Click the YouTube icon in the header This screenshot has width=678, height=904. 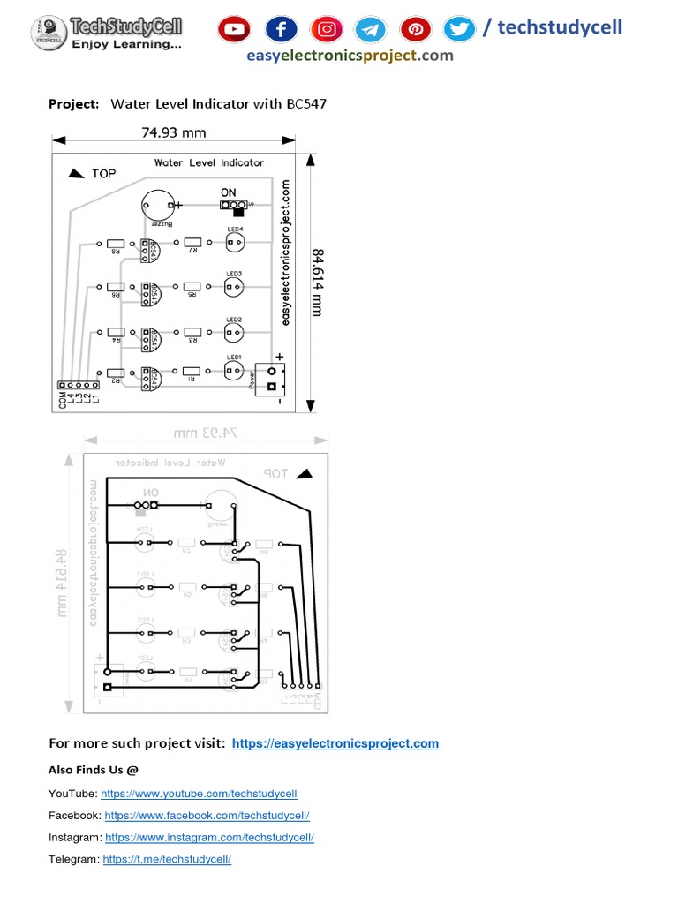click(x=235, y=29)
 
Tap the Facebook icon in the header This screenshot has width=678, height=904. click(x=281, y=29)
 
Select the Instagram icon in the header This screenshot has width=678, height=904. click(x=327, y=29)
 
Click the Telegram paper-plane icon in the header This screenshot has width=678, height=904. click(x=371, y=29)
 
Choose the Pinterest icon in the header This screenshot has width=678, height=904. click(x=415, y=29)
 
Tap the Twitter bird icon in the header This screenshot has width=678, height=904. click(x=459, y=29)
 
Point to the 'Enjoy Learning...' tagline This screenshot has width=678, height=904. click(x=126, y=43)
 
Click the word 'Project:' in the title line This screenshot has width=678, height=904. click(x=73, y=104)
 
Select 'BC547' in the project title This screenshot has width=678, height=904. click(x=306, y=104)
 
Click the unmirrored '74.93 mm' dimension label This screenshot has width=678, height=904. click(x=174, y=133)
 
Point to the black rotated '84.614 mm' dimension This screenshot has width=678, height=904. click(x=317, y=282)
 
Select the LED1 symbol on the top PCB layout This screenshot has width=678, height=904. click(x=234, y=372)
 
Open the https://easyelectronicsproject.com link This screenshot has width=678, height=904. click(x=335, y=743)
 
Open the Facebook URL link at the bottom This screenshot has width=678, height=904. click(x=207, y=816)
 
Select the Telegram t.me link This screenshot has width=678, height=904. click(x=167, y=859)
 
